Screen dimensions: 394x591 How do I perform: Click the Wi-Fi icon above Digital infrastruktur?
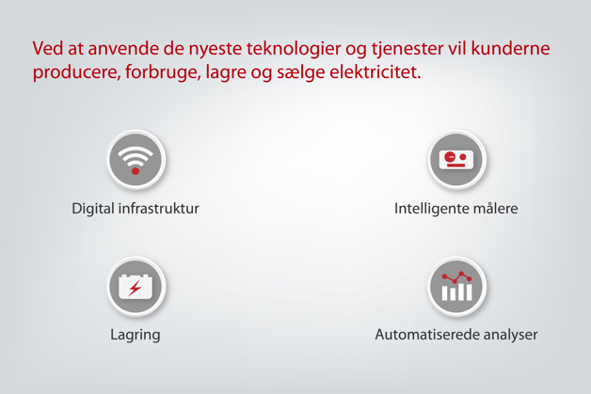[136, 159]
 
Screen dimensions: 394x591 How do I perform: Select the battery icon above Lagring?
[136, 286]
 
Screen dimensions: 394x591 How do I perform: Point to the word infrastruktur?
[159, 208]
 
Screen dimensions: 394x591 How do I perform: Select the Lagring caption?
[136, 335]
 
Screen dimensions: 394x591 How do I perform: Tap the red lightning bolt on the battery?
[136, 288]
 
